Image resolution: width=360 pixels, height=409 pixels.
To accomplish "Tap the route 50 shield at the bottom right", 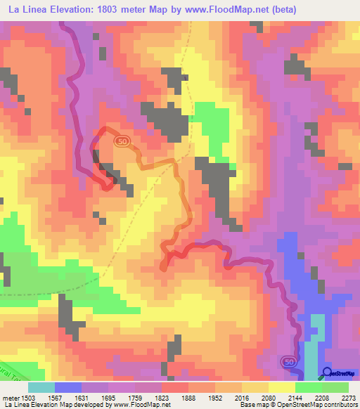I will point(288,361).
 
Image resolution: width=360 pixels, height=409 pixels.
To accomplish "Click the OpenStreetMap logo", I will point(338,372).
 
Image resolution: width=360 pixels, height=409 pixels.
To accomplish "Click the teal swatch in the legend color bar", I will point(41,387).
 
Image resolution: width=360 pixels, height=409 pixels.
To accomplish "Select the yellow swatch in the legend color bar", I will point(281,387).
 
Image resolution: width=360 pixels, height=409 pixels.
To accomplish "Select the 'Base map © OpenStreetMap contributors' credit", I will point(297,404).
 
